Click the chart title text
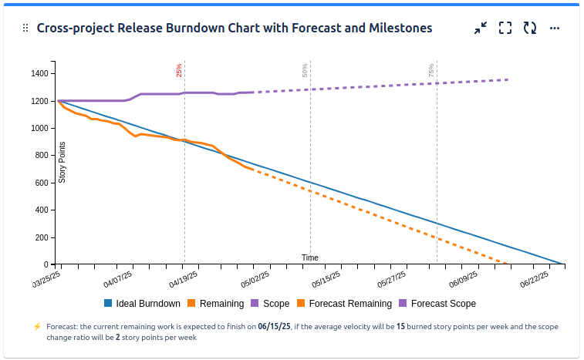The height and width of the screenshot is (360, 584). click(x=234, y=28)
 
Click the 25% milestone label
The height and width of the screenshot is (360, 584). click(x=179, y=70)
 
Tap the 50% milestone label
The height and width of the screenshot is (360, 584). click(x=306, y=70)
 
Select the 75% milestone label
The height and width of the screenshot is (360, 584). click(x=431, y=70)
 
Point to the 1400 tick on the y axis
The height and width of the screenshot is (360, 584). click(x=39, y=74)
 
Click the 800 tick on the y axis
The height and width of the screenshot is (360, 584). click(x=42, y=156)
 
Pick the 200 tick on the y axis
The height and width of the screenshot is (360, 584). click(x=42, y=237)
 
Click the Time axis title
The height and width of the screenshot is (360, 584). click(x=309, y=257)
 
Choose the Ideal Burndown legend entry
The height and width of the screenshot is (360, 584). click(x=142, y=304)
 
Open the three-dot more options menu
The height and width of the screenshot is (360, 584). click(x=554, y=28)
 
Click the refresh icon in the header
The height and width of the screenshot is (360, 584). click(x=530, y=28)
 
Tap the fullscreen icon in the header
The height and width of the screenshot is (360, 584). click(x=505, y=28)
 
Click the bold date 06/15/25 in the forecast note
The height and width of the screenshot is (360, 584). click(x=274, y=327)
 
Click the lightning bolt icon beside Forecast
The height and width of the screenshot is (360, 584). click(x=36, y=327)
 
